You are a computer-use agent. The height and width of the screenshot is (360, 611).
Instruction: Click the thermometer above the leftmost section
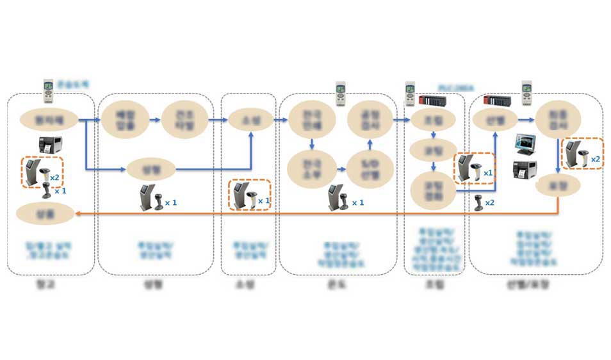(48, 91)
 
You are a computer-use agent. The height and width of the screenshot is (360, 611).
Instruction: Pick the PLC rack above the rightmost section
(498, 100)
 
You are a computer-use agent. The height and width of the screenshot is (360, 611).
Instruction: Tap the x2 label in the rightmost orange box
(595, 159)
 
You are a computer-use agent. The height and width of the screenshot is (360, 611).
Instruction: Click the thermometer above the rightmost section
(527, 91)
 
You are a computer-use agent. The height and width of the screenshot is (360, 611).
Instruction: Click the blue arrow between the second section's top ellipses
(153, 119)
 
